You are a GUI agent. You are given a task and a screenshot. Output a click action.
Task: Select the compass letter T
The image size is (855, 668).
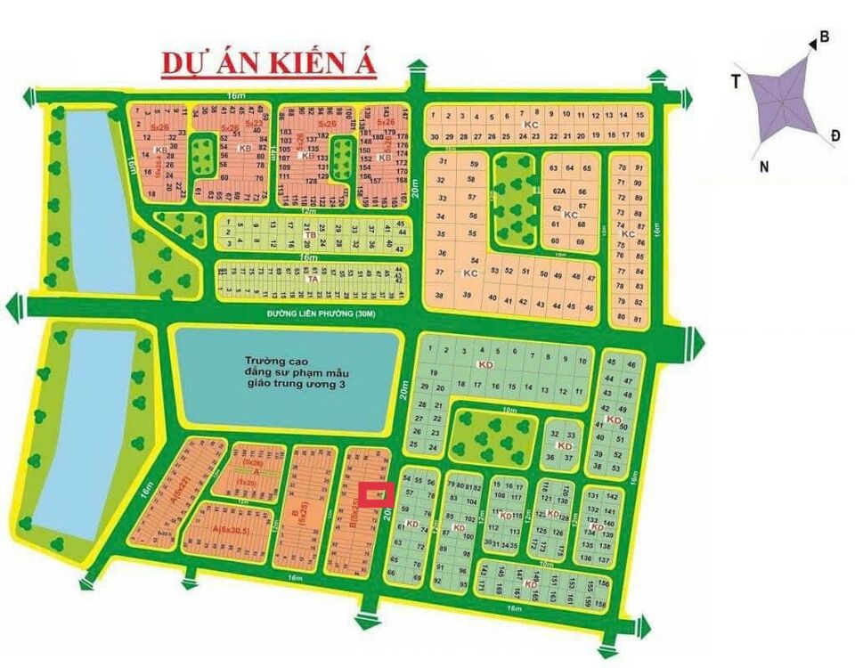[x=736, y=82]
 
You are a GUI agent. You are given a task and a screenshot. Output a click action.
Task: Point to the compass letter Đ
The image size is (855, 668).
[x=835, y=134]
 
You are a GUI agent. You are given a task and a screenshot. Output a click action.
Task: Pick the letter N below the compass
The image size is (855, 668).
[x=764, y=166]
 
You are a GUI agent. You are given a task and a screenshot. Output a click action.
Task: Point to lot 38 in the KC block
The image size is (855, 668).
[x=439, y=295]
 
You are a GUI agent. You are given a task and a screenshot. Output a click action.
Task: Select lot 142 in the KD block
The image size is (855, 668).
[x=611, y=496]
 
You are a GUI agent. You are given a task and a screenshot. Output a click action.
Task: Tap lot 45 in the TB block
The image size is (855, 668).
[x=400, y=224]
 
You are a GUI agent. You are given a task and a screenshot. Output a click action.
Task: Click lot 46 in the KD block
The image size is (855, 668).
[x=631, y=365]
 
